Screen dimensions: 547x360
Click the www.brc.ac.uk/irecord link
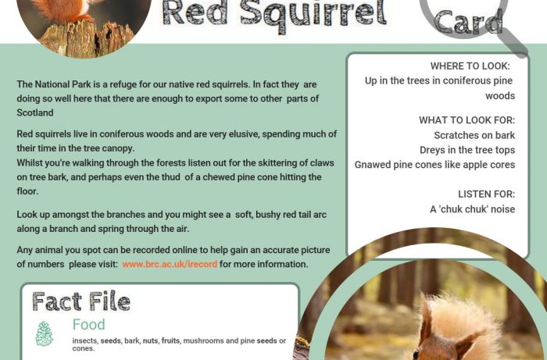coord(170,264)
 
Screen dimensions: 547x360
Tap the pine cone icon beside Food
coord(45,334)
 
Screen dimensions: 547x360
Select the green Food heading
coord(88,324)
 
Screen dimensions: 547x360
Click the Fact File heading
coord(81,301)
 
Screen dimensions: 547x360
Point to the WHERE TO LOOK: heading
coord(470,66)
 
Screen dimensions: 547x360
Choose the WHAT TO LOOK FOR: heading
coord(467,120)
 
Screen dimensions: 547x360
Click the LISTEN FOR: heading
coord(486,194)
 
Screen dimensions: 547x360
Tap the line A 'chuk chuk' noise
coord(472,209)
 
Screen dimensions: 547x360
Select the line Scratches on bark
coord(474,135)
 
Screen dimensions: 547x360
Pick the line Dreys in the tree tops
coord(467,150)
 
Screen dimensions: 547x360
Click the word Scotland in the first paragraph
coord(35,113)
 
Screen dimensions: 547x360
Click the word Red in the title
coord(198,13)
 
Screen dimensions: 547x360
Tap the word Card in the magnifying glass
coord(468,22)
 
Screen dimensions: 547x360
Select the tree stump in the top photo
coord(87,39)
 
